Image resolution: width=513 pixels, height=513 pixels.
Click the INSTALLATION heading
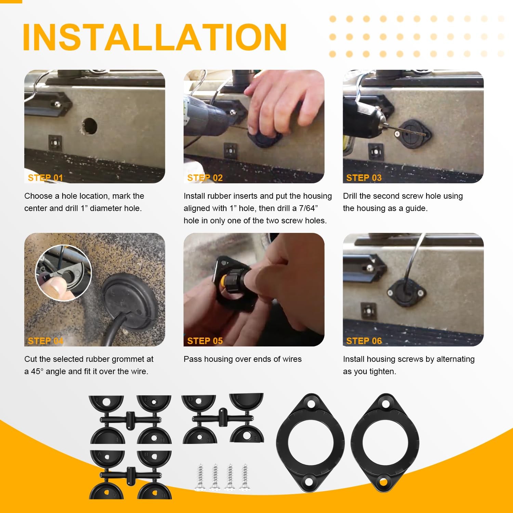click(x=154, y=37)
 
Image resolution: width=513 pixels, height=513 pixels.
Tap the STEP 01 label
click(x=45, y=178)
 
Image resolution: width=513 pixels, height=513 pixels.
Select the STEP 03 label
click(x=364, y=178)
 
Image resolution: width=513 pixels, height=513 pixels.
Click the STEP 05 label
click(x=205, y=341)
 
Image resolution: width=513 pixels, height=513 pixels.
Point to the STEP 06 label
click(x=364, y=341)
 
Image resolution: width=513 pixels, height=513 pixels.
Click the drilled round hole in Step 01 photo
click(x=90, y=126)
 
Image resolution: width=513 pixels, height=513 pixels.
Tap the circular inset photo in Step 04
click(x=64, y=273)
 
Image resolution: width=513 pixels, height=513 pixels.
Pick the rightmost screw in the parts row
click(x=245, y=477)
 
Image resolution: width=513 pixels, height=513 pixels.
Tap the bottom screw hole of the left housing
click(x=310, y=482)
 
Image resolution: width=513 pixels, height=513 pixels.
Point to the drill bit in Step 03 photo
click(x=407, y=131)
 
